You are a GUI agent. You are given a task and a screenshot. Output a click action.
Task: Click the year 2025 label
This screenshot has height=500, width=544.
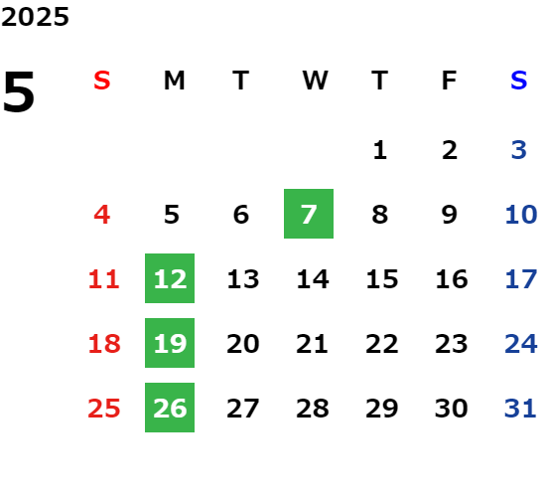coord(35,17)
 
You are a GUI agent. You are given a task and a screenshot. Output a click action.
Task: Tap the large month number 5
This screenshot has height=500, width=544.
coord(19,91)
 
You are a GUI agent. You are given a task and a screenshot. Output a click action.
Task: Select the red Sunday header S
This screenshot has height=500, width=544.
coord(102,81)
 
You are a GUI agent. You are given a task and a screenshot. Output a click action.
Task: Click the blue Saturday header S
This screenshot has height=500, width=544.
coord(518,81)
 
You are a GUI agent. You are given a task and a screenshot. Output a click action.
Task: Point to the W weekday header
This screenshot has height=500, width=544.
coord(315,81)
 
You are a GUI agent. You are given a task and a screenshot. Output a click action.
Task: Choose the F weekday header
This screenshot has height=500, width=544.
coord(450,81)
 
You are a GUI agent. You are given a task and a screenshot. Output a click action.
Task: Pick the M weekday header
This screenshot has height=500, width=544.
coord(174,81)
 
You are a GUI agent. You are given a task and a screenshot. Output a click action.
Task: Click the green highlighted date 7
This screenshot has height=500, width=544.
coord(309,214)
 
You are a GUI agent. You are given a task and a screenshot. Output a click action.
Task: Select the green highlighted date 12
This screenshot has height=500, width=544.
coord(170,278)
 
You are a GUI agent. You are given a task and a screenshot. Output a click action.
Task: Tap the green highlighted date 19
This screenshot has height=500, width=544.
coord(170,343)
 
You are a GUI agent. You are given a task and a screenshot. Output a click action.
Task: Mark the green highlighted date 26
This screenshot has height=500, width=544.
coord(170,408)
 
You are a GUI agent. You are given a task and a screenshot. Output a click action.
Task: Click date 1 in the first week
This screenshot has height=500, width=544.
coord(380,150)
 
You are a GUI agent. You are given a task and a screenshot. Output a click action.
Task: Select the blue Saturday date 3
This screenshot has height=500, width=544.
coord(518,150)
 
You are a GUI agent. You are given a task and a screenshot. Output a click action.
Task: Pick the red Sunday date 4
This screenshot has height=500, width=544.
coord(102,215)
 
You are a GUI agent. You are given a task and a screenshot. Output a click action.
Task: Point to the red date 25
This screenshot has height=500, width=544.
coord(104,409)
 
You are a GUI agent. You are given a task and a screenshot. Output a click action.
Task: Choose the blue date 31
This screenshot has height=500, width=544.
coord(520,409)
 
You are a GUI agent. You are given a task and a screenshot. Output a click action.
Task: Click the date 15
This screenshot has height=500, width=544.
coord(382,279)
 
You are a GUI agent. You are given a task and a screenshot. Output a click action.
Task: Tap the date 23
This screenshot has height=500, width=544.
coord(452,344)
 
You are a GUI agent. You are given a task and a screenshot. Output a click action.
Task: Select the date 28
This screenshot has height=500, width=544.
coord(313,409)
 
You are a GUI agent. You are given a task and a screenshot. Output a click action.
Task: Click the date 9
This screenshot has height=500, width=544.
coord(450,215)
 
